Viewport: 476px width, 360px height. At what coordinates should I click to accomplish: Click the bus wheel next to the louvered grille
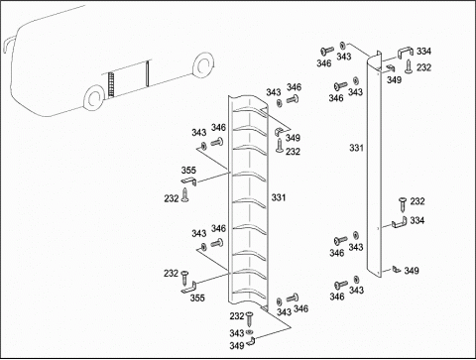pos(95,97)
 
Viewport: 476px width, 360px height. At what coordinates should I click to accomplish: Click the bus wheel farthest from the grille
pos(202,64)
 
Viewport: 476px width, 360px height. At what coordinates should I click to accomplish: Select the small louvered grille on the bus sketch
pos(111,84)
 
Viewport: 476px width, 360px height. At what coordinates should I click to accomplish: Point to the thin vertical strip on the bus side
pos(148,73)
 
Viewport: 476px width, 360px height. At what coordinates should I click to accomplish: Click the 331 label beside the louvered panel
pos(279,197)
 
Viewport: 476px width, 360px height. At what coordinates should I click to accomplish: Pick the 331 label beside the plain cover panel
pos(356,148)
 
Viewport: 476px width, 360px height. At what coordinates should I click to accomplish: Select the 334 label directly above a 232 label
pos(423,52)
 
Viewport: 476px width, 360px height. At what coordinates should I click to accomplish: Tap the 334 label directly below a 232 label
pos(416,220)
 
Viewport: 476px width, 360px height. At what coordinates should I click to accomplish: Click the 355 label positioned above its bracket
pos(188,171)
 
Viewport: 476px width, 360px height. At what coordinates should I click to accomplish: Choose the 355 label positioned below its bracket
pos(197,298)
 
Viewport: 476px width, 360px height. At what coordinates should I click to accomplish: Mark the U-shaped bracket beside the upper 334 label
pos(406,52)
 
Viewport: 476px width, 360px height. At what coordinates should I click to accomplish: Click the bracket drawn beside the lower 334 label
pos(400,223)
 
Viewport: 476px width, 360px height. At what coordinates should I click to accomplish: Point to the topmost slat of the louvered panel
pos(250,111)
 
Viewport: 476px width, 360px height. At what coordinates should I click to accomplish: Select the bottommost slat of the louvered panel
pos(250,293)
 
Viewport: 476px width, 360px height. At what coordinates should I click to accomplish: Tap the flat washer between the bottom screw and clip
pos(250,331)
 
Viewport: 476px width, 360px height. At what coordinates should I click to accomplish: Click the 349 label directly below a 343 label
pos(237,346)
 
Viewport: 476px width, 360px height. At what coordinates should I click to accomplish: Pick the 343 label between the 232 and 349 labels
pos(237,333)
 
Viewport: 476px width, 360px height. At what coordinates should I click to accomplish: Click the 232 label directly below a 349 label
pos(293,152)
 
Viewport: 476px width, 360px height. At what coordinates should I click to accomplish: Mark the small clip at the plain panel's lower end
pos(396,270)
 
